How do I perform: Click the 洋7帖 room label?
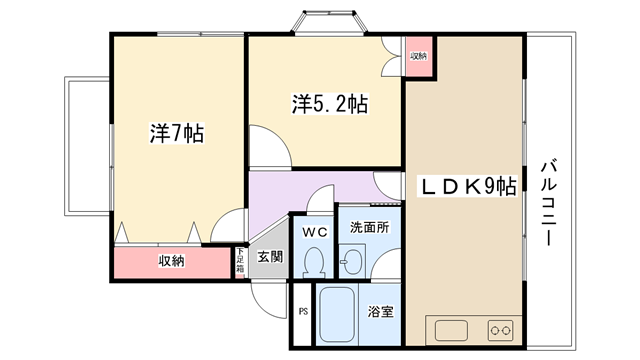click(177, 133)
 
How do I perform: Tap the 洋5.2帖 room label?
click(330, 104)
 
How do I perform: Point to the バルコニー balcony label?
click(549, 202)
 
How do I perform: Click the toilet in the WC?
click(314, 262)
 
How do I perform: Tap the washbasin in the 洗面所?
click(352, 260)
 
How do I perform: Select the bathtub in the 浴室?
click(337, 314)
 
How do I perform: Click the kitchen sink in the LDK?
click(451, 331)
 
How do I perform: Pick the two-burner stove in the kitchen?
click(500, 330)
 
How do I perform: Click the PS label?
click(303, 312)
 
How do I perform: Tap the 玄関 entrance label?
click(270, 257)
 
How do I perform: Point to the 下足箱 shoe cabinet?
click(240, 262)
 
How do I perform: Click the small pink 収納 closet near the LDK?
click(419, 56)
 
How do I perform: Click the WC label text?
click(315, 232)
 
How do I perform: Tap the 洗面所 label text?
click(369, 227)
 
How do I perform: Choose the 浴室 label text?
click(380, 312)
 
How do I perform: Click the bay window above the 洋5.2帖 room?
click(329, 22)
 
